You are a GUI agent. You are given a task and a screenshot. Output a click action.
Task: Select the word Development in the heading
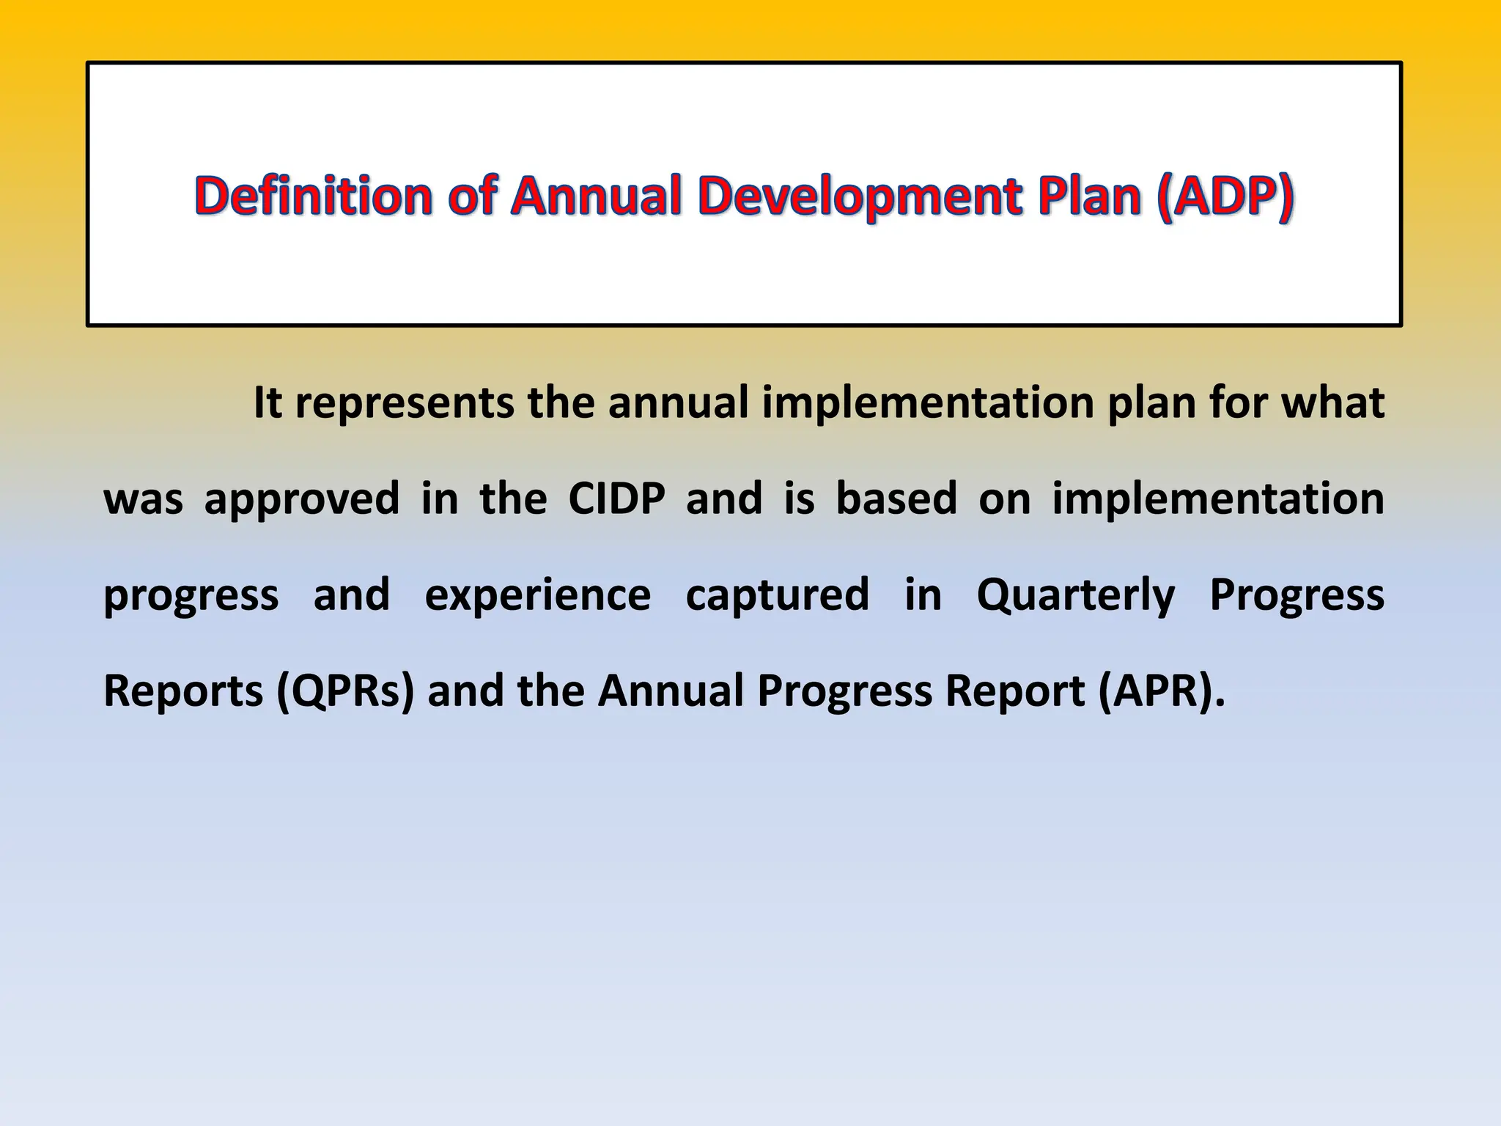click(860, 196)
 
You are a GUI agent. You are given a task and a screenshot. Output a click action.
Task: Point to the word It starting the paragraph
click(268, 402)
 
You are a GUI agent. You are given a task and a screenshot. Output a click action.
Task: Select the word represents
click(404, 402)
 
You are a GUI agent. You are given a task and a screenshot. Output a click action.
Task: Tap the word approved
click(301, 498)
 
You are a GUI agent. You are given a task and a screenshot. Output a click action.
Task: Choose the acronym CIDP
click(616, 498)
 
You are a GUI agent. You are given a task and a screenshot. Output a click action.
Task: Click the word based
click(896, 498)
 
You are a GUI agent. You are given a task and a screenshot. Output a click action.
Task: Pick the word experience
click(537, 595)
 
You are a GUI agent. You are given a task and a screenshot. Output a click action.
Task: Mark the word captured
click(777, 595)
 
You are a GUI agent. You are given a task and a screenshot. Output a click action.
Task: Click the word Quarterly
click(1075, 595)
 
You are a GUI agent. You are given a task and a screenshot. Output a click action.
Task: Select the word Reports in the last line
click(183, 691)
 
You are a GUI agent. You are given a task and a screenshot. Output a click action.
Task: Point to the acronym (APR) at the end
click(1161, 691)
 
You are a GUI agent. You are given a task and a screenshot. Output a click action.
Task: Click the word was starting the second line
click(143, 498)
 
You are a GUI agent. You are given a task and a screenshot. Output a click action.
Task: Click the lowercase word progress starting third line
click(191, 595)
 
